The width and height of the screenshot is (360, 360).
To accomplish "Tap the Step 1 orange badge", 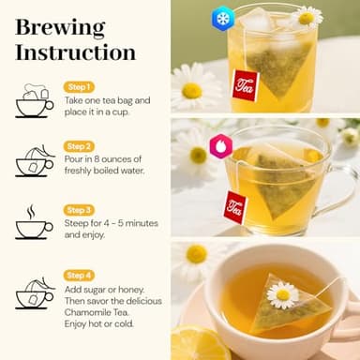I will [78, 86].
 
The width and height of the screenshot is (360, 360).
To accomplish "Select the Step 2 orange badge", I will [78, 146].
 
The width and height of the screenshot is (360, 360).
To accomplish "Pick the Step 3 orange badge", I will [78, 209].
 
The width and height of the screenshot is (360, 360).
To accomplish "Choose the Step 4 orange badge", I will [78, 274].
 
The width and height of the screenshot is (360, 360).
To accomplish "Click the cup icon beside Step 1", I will [34, 101].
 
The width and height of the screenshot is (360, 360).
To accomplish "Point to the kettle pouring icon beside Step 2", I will [34, 161].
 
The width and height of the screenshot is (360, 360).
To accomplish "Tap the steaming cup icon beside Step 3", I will [34, 223].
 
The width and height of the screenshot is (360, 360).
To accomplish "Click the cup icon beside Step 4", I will [34, 292].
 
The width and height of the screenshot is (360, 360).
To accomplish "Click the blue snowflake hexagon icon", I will [222, 18].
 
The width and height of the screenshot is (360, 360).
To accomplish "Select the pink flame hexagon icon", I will [221, 144].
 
